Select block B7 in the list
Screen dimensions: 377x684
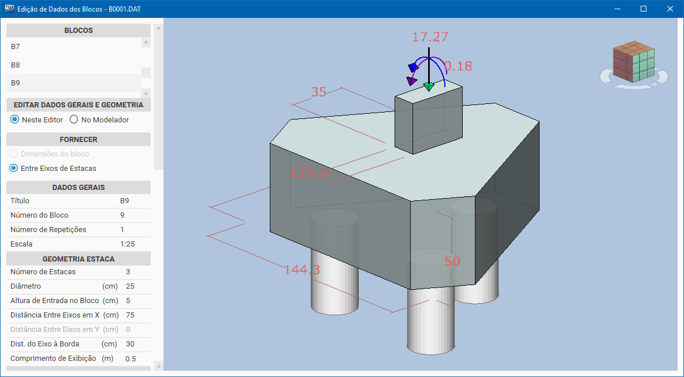[x=16, y=46]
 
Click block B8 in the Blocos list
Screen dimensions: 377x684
[x=16, y=65]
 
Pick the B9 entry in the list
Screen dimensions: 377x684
[x=16, y=83]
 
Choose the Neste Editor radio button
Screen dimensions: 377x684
[x=14, y=120]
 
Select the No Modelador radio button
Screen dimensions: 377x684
[x=74, y=120]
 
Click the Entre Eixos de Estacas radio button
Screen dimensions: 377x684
[x=14, y=169]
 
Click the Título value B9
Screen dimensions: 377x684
[x=125, y=201]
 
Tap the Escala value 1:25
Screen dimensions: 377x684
[x=127, y=244]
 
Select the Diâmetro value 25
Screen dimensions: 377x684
[x=130, y=286]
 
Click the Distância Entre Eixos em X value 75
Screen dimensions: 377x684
[x=130, y=315]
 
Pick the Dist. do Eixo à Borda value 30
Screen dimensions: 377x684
[x=130, y=344]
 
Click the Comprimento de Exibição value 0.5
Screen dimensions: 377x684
[x=131, y=359]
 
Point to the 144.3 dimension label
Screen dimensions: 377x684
[x=302, y=270]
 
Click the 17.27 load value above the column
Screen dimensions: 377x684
[x=430, y=37]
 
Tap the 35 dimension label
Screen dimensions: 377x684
[x=318, y=92]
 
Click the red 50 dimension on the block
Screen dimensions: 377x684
[x=452, y=262]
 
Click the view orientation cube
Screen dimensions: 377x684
[x=633, y=61]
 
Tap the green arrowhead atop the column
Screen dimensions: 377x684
[x=428, y=87]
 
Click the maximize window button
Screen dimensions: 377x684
[x=644, y=9]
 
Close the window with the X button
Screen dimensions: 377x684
[x=670, y=9]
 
